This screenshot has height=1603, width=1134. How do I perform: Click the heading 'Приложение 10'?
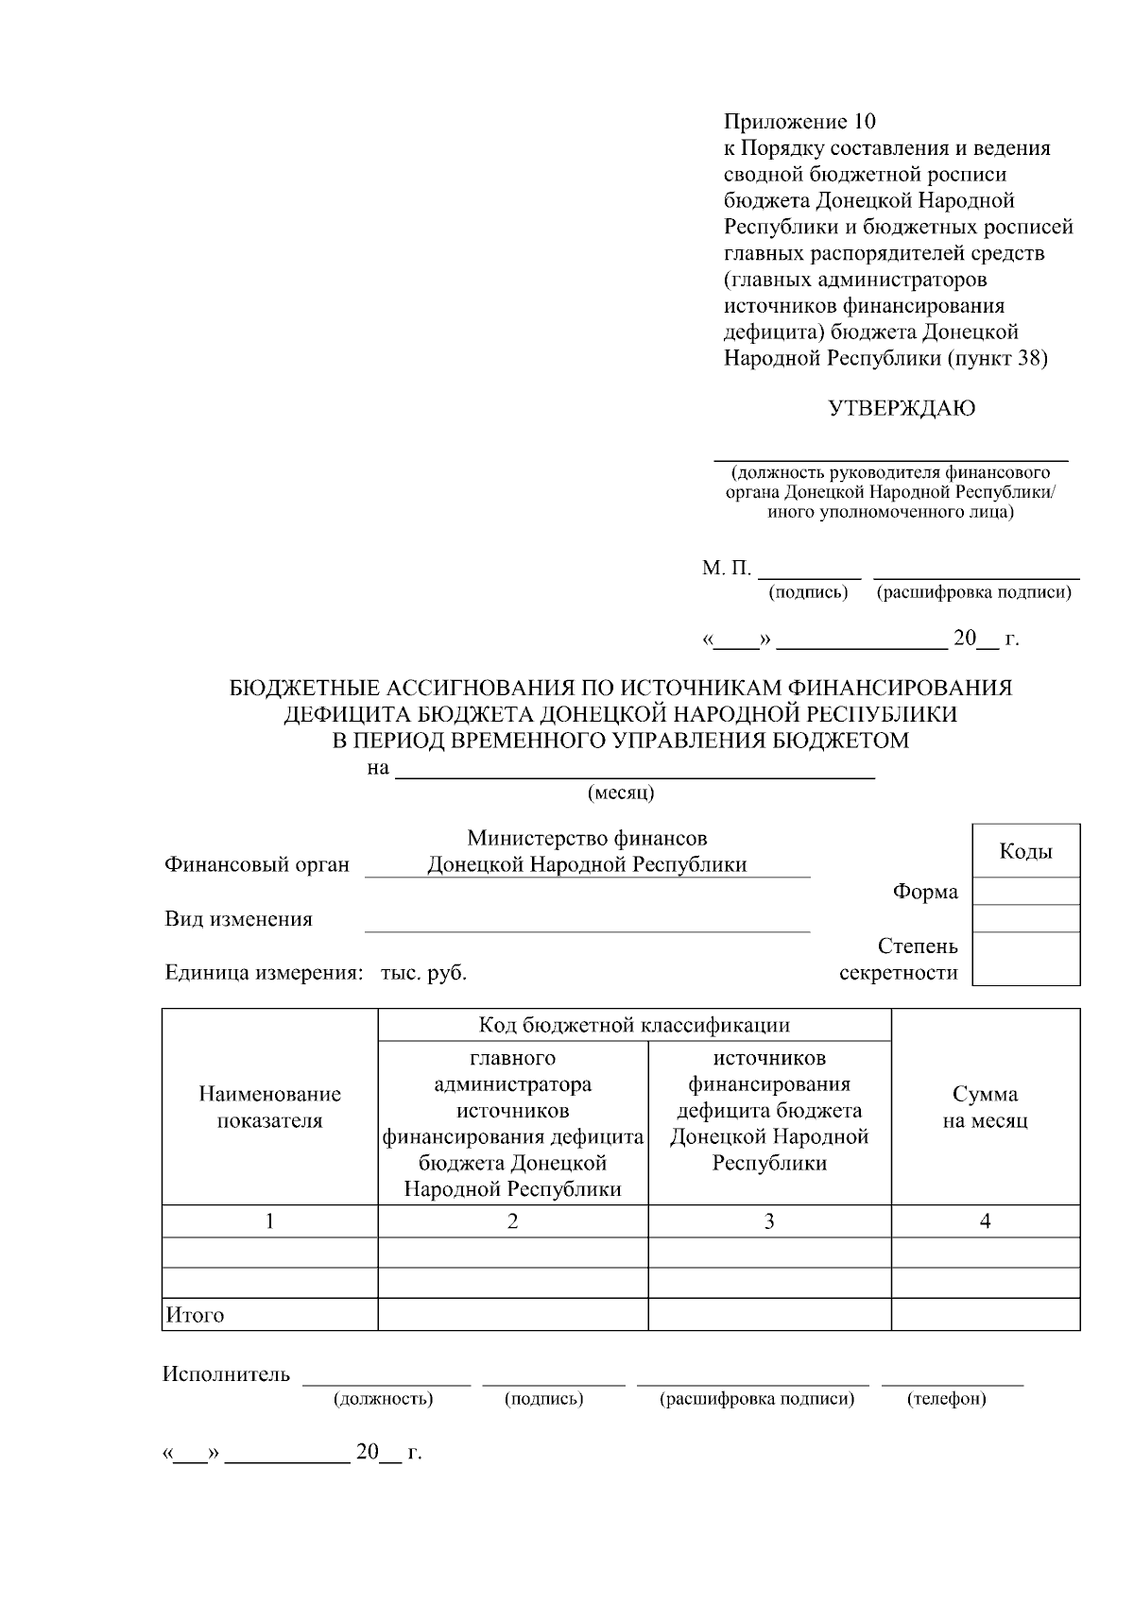coord(799,122)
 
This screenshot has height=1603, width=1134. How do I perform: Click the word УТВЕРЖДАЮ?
coord(902,408)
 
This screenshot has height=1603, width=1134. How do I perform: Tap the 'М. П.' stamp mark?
coord(726,569)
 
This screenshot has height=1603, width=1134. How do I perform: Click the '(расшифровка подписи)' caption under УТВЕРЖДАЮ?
coord(973,593)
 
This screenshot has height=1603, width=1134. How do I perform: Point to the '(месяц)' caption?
coord(621,793)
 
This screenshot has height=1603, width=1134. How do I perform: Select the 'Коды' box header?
coord(1025,851)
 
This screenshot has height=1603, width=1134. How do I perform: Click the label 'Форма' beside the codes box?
coord(925,892)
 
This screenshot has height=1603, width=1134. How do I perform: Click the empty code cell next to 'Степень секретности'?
coord(1025,959)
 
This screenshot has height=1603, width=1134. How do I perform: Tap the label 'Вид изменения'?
coord(238,919)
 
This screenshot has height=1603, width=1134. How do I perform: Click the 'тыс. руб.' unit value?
coord(423,973)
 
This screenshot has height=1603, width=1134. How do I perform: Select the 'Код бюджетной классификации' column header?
coord(634,1025)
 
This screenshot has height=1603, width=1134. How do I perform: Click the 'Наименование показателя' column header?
coord(269,1107)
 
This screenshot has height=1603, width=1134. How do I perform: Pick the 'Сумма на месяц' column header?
coord(985,1107)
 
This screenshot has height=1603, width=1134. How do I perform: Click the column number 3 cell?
coord(769,1221)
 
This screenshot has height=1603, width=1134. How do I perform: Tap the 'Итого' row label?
coord(195,1315)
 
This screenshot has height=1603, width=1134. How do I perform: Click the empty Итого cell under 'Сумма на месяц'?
coord(985,1315)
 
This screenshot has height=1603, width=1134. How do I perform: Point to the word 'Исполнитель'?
coord(226,1374)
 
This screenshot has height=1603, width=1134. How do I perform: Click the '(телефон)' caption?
coord(946,1399)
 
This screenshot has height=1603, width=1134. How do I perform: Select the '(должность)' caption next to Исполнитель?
coord(383,1399)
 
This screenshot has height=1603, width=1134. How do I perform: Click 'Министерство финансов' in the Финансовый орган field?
coord(587,839)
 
